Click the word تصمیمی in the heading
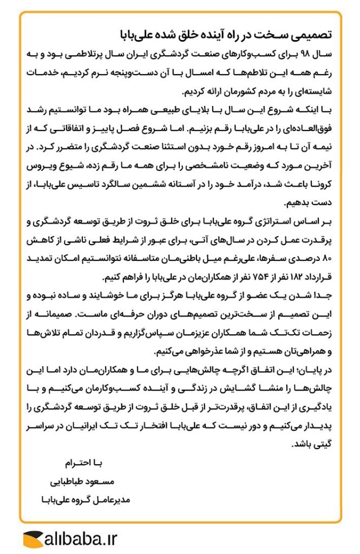(314, 36)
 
